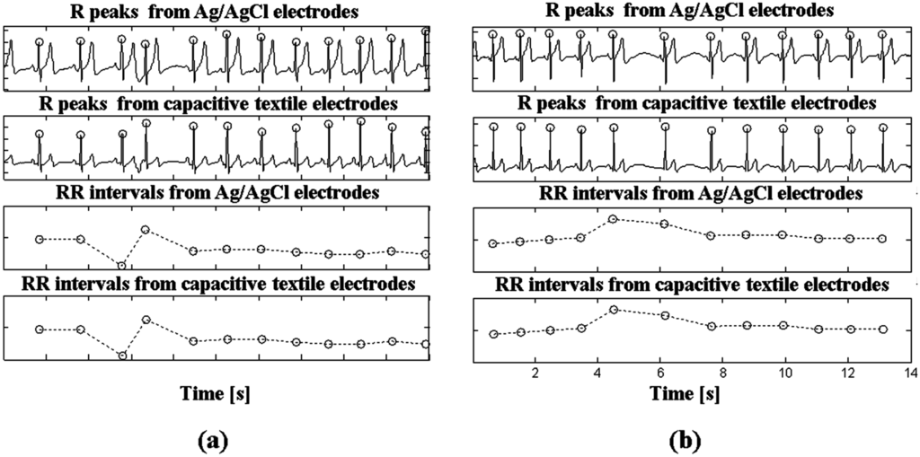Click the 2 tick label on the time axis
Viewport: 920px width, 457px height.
(x=535, y=372)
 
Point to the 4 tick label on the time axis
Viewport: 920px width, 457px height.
(x=597, y=372)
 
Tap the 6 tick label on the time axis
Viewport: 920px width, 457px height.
(x=660, y=372)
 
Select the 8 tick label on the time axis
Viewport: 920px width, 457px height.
(x=723, y=372)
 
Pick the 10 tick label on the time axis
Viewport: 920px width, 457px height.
(x=785, y=372)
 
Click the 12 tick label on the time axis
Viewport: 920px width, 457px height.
(x=848, y=372)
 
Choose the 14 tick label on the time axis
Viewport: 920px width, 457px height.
(x=910, y=372)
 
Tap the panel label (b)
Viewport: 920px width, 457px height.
(x=686, y=440)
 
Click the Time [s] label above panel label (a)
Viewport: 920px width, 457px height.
(x=214, y=393)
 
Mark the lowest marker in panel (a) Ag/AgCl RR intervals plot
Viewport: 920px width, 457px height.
(x=122, y=265)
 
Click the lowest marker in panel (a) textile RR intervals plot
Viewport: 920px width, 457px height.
(x=122, y=356)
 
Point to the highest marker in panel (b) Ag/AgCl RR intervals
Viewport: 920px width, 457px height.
(x=613, y=219)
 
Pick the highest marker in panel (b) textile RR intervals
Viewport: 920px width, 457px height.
(x=614, y=310)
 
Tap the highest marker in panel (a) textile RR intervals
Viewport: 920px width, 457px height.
(x=146, y=320)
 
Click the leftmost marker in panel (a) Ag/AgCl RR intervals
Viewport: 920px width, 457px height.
(x=39, y=239)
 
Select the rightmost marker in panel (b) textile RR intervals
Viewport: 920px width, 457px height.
(x=883, y=330)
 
